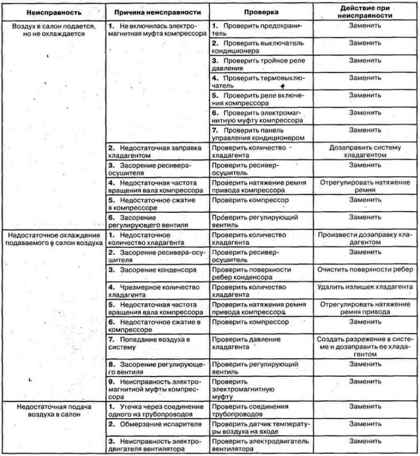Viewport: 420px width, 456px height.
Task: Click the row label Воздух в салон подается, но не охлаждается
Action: [x=52, y=29]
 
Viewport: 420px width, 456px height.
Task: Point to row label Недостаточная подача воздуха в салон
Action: [x=52, y=410]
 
